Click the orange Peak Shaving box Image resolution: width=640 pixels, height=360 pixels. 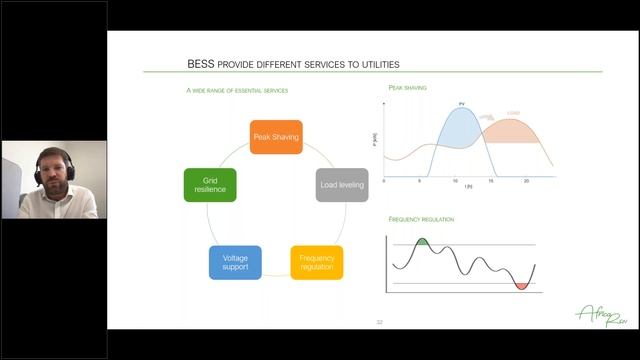[x=276, y=137]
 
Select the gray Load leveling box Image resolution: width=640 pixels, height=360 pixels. [x=342, y=185]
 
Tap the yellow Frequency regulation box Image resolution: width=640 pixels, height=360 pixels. [x=317, y=262]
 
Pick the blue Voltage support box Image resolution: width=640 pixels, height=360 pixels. [x=236, y=262]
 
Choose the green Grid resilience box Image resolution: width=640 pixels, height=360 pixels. [x=210, y=185]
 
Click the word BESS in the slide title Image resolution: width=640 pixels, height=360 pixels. [x=200, y=62]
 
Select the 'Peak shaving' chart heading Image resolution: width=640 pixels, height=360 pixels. [x=408, y=88]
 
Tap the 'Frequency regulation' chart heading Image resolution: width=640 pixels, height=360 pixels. [x=421, y=218]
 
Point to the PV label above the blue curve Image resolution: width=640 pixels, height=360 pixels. [x=462, y=103]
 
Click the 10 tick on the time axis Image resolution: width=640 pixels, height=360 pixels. [x=456, y=181]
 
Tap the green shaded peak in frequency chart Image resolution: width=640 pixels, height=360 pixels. [x=422, y=242]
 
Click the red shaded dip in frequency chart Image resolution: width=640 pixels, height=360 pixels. [x=521, y=286]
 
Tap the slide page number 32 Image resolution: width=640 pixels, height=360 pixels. [x=379, y=322]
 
